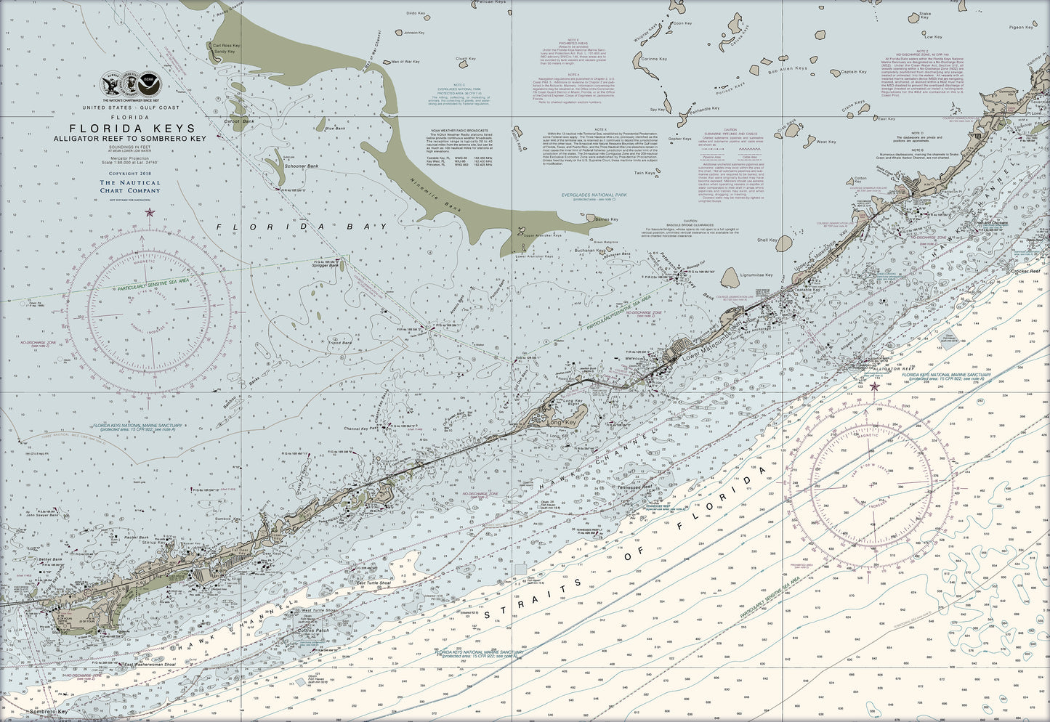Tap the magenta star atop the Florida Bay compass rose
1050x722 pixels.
[150, 212]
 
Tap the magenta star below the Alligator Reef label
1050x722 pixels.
[874, 387]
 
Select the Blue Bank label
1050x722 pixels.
[336, 129]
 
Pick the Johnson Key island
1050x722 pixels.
[398, 32]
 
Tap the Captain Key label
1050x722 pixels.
[853, 72]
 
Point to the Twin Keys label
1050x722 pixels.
[645, 173]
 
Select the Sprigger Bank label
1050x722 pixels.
[326, 266]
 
